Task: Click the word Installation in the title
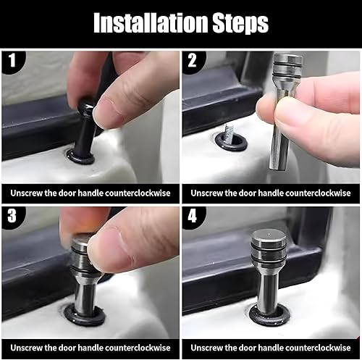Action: (x=151, y=22)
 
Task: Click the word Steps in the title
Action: (x=240, y=23)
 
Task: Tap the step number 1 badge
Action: (x=12, y=60)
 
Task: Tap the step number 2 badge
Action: (x=193, y=60)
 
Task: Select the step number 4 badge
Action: (x=193, y=216)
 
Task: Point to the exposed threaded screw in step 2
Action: (x=229, y=133)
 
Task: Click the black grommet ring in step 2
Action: (x=231, y=142)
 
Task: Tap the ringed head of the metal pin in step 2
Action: (x=287, y=67)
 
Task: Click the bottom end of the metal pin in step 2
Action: (x=278, y=167)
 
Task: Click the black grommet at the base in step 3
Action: (x=85, y=315)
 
